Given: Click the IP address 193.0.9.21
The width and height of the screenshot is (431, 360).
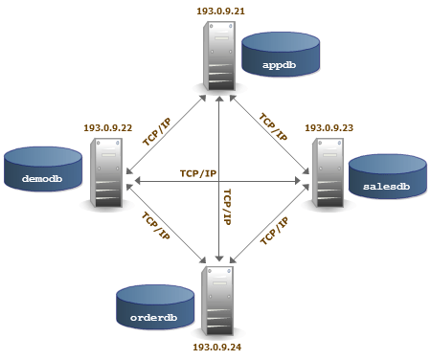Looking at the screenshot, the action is pos(220,11).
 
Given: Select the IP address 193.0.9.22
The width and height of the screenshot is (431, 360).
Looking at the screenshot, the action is pos(108,128).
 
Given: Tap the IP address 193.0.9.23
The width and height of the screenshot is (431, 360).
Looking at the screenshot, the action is pos(329,128).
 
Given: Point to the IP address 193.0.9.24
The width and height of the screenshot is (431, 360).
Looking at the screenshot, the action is pos(217,347).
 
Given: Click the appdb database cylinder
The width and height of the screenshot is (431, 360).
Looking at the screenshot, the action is pos(281,55).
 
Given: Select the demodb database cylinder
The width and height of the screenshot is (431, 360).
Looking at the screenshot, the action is pos(43,169).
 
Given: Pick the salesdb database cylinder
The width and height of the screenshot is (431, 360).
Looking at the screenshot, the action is pos(388,176).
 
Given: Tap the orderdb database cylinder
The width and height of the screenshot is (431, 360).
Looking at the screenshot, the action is pos(155,307).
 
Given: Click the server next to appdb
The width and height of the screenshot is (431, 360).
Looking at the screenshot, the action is pos(219,56).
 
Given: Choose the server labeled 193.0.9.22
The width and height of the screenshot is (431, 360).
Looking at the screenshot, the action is pos(106,172).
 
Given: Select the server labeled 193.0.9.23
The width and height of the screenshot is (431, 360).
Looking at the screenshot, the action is pos(328,172).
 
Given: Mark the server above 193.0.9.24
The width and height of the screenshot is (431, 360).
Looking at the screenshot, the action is pos(217,301).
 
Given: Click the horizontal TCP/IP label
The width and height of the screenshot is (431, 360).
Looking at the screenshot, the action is pos(198,173).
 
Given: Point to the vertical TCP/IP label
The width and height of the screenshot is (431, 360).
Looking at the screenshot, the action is pos(227,207).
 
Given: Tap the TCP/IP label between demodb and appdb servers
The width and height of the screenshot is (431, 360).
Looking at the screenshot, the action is pos(157,132).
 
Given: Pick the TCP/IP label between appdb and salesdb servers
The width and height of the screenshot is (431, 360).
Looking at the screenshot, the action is pos(273,126).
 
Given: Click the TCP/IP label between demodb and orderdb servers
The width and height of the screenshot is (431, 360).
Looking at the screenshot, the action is pos(155,226).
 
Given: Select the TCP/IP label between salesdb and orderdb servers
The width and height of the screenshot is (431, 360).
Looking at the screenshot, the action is pos(274,231).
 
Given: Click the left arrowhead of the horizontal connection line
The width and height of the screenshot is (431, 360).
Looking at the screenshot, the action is pos(138,181).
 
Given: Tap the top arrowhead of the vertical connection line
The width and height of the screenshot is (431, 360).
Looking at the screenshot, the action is pos(219,99).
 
